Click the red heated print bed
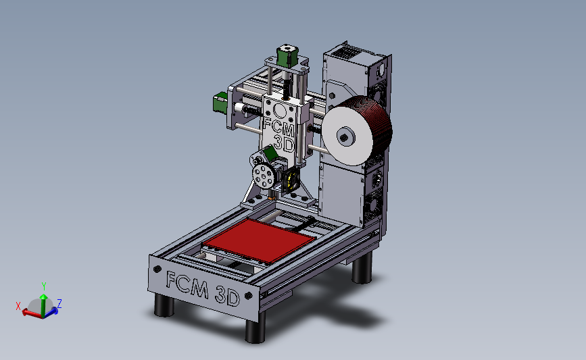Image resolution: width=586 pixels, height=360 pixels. point(259,240)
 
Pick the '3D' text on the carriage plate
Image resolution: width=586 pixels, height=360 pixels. point(284,143)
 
